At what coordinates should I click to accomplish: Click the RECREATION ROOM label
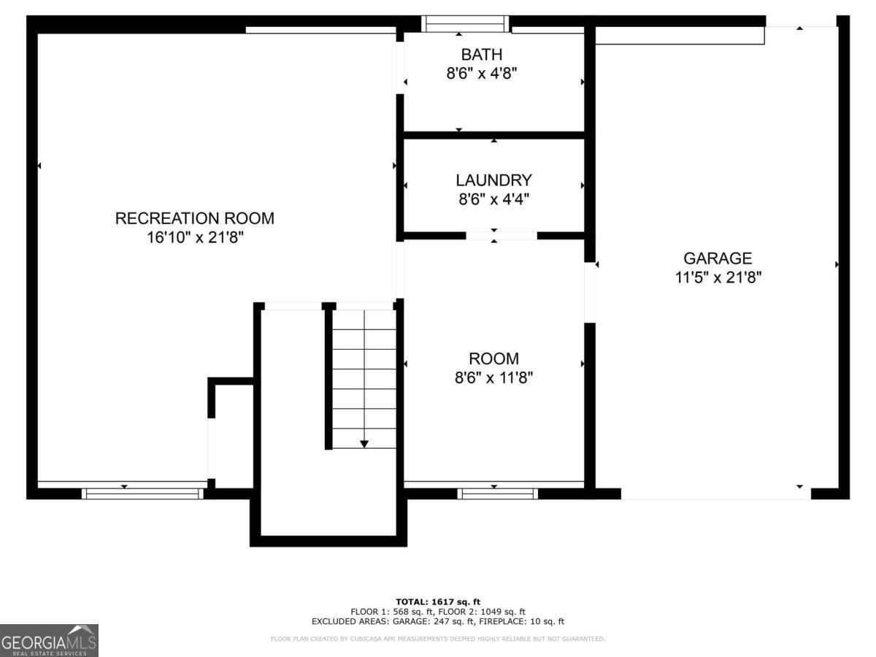click(194, 218)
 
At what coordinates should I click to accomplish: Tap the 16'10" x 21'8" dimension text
click(194, 237)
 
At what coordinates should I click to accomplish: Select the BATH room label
click(481, 54)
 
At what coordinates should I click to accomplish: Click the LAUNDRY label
click(493, 180)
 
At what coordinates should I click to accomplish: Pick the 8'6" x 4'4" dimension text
click(493, 199)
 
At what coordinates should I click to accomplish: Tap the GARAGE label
click(718, 258)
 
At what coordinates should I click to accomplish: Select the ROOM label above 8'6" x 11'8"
click(493, 358)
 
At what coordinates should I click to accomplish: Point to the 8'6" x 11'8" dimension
click(493, 377)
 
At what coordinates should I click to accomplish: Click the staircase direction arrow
click(364, 443)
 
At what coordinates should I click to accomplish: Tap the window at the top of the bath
click(466, 24)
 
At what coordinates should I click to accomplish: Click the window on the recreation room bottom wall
click(142, 493)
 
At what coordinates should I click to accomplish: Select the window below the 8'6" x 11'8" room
click(497, 493)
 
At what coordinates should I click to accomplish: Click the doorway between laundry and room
click(501, 235)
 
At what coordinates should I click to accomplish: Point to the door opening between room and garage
click(589, 292)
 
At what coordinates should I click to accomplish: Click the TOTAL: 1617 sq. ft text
click(437, 602)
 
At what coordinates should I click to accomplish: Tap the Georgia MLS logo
click(49, 640)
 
